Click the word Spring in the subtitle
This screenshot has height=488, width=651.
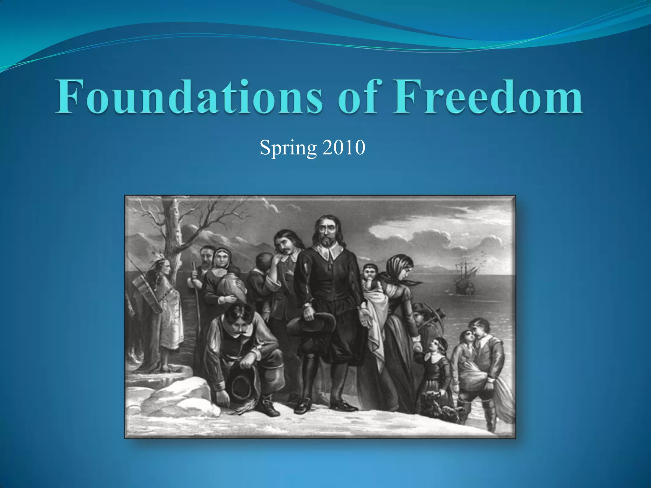pos(288,147)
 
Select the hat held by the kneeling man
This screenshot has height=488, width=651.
pos(243,386)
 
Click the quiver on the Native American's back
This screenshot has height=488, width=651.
pos(146,292)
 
